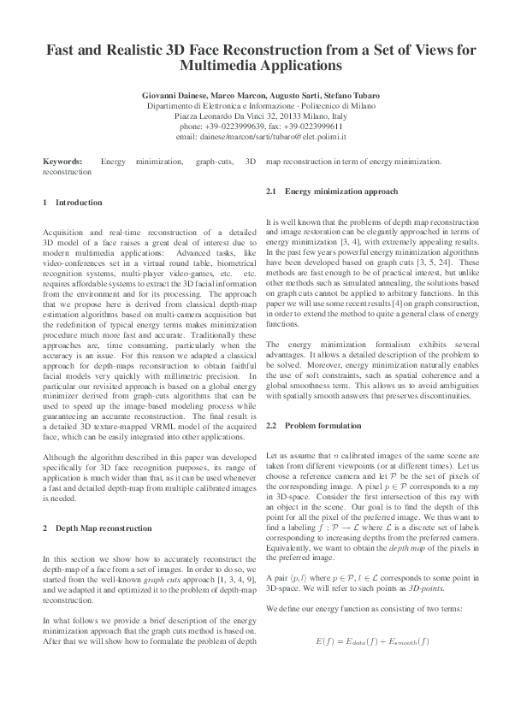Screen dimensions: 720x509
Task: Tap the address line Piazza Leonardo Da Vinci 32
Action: (x=227, y=115)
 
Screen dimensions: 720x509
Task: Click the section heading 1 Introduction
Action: (x=72, y=203)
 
